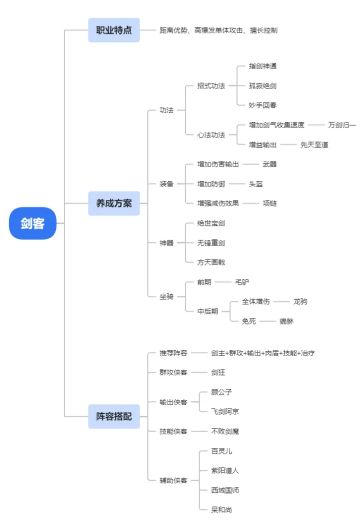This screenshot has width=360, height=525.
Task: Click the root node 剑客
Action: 33,223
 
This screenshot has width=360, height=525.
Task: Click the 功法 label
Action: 166,109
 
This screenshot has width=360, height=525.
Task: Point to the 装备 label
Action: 166,184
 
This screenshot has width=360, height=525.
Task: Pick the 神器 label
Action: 166,242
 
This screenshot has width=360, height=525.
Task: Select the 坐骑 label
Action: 166,297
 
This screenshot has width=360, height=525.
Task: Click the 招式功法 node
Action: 210,85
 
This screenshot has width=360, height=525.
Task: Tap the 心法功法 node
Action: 210,134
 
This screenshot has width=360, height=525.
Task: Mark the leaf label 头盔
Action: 269,184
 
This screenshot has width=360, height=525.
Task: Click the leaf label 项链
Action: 269,203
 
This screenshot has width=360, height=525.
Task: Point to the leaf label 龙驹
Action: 300,300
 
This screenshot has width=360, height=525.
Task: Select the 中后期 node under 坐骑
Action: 207,310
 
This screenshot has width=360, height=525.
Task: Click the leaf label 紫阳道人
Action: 226,470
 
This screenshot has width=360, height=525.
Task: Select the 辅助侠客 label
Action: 173,480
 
